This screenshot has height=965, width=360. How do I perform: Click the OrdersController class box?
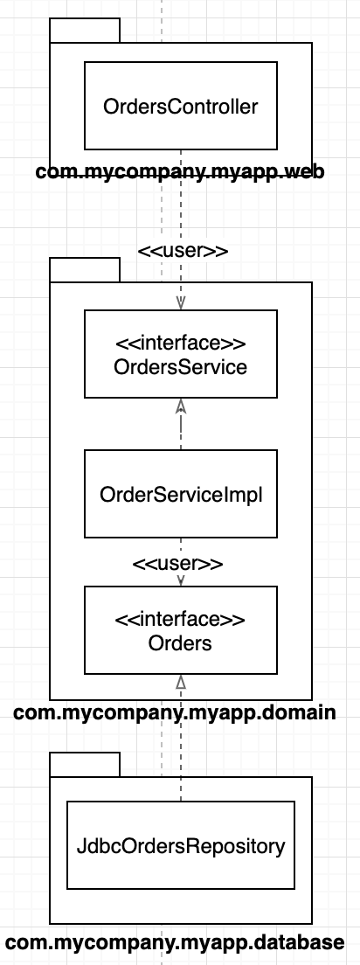click(x=180, y=105)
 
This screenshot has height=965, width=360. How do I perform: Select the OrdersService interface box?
click(x=180, y=354)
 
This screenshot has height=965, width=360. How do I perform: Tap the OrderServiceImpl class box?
click(x=180, y=494)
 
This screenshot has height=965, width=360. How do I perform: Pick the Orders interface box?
click(x=180, y=629)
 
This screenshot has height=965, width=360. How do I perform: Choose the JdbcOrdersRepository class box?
click(x=180, y=845)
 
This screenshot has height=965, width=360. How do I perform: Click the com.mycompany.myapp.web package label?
click(x=180, y=171)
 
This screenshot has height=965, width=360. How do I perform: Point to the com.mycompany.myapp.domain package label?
click(x=175, y=712)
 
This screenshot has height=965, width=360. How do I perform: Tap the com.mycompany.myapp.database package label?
click(x=175, y=942)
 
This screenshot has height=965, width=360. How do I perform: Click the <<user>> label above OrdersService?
click(x=183, y=251)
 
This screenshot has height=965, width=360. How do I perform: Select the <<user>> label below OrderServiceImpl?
click(x=177, y=564)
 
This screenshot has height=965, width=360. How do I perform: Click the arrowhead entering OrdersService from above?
click(x=180, y=302)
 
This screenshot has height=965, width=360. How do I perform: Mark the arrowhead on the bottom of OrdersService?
click(x=180, y=405)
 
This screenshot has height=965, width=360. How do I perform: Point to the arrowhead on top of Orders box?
click(x=180, y=580)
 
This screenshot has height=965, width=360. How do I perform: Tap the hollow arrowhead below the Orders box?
click(x=180, y=681)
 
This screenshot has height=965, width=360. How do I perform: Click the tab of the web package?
click(x=84, y=31)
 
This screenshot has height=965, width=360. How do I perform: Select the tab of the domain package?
click(x=84, y=270)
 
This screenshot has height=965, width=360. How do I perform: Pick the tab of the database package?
click(x=84, y=764)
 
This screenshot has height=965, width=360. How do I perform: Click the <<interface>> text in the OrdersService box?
click(x=180, y=343)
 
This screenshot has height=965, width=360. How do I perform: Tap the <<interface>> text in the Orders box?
click(x=180, y=619)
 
